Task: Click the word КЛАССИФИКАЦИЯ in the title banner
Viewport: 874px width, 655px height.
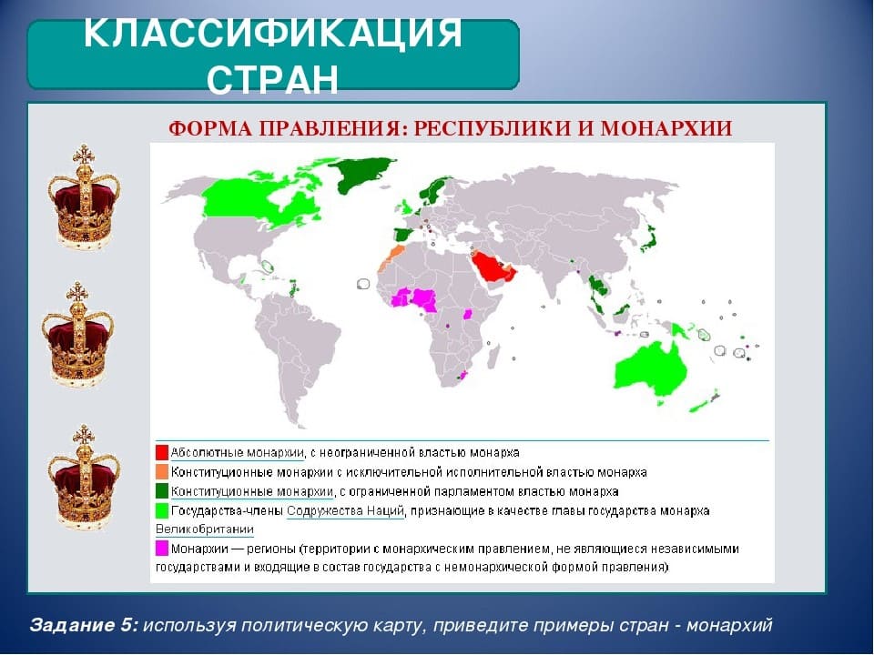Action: tap(273, 35)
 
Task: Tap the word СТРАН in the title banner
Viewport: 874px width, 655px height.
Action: tap(273, 79)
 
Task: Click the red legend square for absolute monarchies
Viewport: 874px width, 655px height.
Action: tap(162, 452)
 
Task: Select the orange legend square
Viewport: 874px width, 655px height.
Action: tap(162, 471)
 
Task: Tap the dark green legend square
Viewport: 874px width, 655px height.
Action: tap(162, 490)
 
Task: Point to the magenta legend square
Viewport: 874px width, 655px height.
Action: tap(162, 548)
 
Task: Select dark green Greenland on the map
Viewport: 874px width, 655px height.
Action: tap(364, 172)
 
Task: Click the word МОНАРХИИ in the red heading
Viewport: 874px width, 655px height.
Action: tap(674, 128)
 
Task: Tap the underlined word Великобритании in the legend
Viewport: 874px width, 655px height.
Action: tap(205, 529)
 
